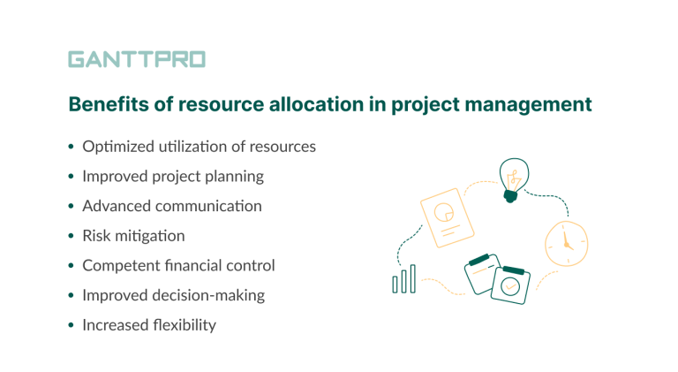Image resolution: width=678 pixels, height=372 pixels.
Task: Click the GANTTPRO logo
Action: pos(137,60)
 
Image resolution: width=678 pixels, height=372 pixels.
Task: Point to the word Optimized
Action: pos(117,147)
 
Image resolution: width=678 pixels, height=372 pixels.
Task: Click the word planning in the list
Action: pos(233,176)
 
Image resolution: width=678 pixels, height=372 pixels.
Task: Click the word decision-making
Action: pos(213,295)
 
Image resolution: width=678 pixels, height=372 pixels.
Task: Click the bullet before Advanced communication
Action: pos(72,207)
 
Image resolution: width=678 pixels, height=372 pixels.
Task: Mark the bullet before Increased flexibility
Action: pos(72,326)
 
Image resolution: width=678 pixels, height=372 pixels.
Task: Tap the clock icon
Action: pos(565,243)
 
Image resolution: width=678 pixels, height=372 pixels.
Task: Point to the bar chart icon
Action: pos(403,281)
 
